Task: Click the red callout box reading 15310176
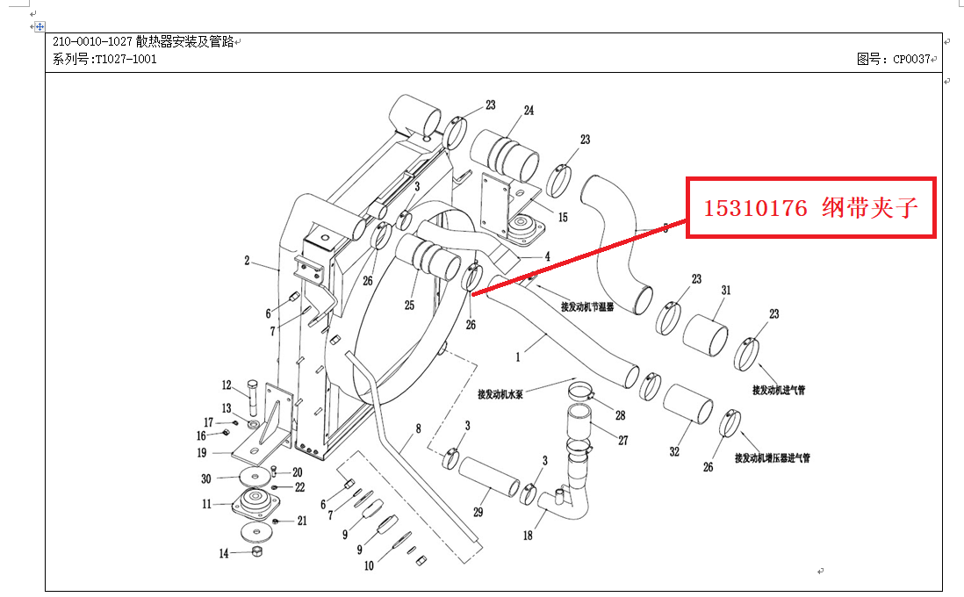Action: tap(810, 208)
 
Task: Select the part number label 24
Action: tap(529, 111)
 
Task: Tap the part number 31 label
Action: tap(726, 290)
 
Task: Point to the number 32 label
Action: tap(674, 452)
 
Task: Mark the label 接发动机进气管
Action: tap(779, 389)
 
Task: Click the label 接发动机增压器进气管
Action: tap(773, 457)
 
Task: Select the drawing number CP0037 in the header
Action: tap(911, 60)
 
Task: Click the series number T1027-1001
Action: tap(113, 60)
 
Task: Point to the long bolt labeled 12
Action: tap(253, 399)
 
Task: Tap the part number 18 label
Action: tap(528, 536)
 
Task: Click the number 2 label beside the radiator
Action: tap(248, 261)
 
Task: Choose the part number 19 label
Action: tap(202, 453)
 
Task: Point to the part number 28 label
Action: tap(620, 415)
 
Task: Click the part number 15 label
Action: tap(563, 217)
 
